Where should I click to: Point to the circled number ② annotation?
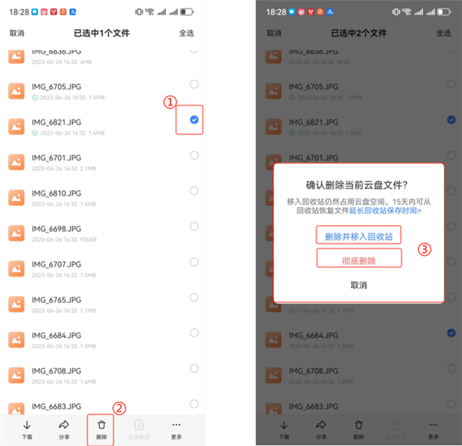click(119, 408)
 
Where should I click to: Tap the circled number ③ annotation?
click(423, 250)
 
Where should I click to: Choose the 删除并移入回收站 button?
click(359, 236)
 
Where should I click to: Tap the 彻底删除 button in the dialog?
click(359, 261)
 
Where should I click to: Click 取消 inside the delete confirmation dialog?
click(359, 285)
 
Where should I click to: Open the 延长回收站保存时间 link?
click(397, 210)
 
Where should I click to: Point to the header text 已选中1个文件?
click(102, 33)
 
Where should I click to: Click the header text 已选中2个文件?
click(358, 33)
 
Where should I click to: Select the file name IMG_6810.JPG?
click(56, 193)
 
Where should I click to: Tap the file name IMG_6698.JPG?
click(56, 229)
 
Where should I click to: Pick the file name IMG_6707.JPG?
click(56, 264)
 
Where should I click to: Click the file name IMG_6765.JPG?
click(56, 300)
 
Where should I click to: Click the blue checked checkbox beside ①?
click(194, 119)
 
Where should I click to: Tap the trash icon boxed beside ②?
click(101, 425)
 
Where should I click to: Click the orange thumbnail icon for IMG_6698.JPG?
click(17, 233)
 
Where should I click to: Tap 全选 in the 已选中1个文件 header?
click(186, 33)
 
